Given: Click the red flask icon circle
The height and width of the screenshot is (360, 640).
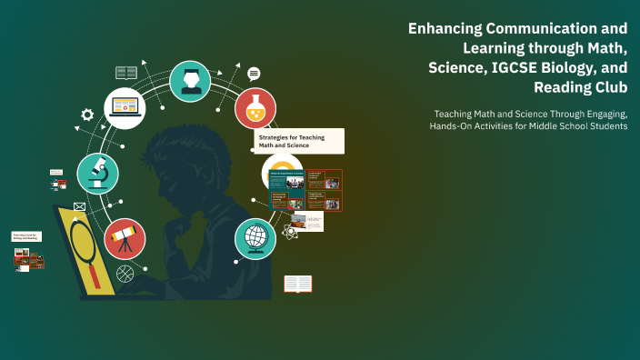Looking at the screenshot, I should click(255, 107).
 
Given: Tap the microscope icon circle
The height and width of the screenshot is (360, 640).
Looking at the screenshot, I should click(97, 173).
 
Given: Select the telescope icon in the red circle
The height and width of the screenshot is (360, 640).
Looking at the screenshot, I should click(125, 239).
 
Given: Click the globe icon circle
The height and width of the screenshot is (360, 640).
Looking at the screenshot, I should click(255, 238).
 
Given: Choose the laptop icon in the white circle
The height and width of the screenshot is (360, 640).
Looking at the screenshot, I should click(125, 107).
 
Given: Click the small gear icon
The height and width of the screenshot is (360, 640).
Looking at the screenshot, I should click(87, 115).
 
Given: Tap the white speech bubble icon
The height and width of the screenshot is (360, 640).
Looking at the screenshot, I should click(254, 74).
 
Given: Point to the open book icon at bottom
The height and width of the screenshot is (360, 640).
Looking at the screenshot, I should click(297, 284).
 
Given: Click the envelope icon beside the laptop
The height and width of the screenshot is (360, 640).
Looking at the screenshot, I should click(79, 207).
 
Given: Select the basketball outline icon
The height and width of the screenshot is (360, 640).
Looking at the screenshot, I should click(125, 271).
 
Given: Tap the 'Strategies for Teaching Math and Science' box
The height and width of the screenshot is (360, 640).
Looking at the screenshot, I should click(298, 141).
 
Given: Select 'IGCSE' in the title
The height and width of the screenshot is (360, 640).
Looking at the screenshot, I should click(507, 67).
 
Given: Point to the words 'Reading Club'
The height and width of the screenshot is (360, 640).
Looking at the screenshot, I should click(581, 86).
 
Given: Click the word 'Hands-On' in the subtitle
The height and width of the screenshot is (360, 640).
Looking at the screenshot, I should click(460, 125).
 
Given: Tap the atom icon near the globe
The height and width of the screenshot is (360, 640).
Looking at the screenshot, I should click(290, 232).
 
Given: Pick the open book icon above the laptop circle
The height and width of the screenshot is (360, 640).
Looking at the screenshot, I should click(125, 72).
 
